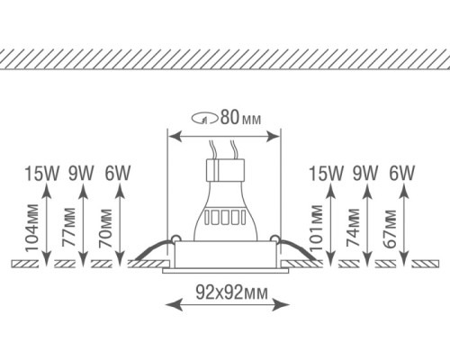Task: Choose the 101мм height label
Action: coord(317,229)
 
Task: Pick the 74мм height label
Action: coord(354,231)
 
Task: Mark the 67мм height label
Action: coord(389,231)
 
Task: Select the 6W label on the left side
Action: coord(117,171)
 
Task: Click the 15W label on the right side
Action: coord(325,171)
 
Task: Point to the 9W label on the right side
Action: coord(364,171)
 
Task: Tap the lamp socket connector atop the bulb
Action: coord(224,169)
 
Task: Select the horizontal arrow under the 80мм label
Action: coord(224,135)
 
